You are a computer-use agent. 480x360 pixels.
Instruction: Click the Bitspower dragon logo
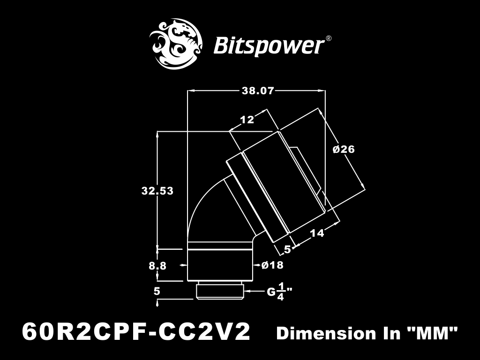(x=176, y=44)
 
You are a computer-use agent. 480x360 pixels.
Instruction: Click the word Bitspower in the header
(x=269, y=46)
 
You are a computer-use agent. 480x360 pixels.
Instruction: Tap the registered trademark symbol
(x=328, y=38)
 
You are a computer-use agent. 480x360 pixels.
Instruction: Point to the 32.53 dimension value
(x=157, y=191)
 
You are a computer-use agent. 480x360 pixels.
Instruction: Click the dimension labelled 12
(x=247, y=120)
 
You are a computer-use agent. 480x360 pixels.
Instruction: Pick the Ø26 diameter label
(x=344, y=149)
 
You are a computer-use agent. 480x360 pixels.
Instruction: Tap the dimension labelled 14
(x=317, y=233)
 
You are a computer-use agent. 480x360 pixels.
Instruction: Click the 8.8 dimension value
(x=157, y=266)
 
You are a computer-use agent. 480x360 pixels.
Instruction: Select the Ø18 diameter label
(x=272, y=265)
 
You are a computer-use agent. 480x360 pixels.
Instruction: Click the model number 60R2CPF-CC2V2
(x=136, y=332)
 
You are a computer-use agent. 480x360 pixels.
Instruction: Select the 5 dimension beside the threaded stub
(x=157, y=291)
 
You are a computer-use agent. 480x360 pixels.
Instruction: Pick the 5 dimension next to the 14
(x=287, y=249)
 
